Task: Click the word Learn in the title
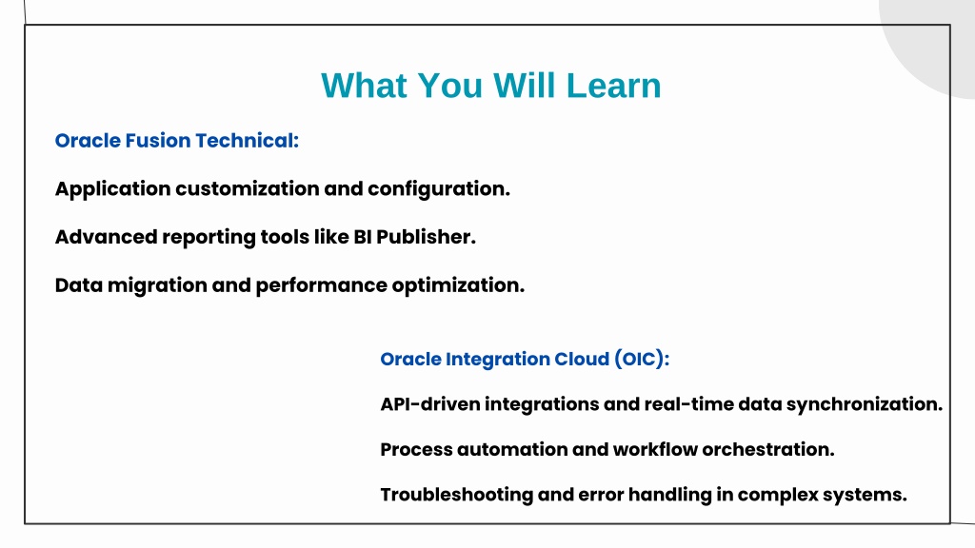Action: pyautogui.click(x=613, y=86)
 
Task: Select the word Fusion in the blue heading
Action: pyautogui.click(x=158, y=141)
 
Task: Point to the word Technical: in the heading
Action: pyautogui.click(x=247, y=141)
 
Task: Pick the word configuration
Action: pyautogui.click(x=439, y=189)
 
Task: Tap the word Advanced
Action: pyautogui.click(x=107, y=237)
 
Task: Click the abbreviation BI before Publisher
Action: pyautogui.click(x=363, y=237)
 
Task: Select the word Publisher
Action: pyautogui.click(x=426, y=237)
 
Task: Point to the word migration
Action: pyautogui.click(x=157, y=285)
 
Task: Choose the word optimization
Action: pyautogui.click(x=458, y=285)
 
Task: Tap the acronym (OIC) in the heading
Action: pyautogui.click(x=642, y=359)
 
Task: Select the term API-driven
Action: pyautogui.click(x=430, y=404)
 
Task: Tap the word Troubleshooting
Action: pyautogui.click(x=457, y=495)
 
